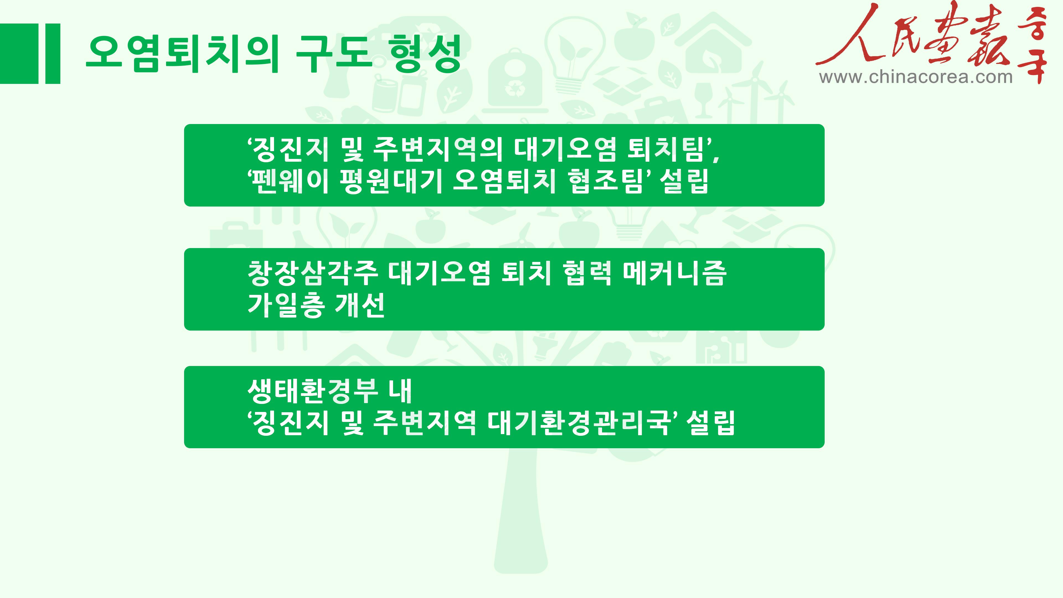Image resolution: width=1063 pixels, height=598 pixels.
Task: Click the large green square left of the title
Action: click(x=19, y=54)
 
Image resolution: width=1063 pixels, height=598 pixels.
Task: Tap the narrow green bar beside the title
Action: click(x=53, y=54)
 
